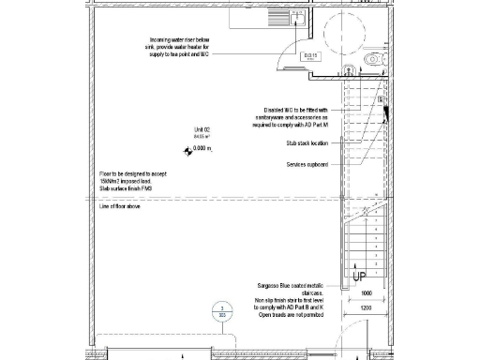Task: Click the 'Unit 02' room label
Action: (x=203, y=129)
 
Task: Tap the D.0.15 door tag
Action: (x=312, y=56)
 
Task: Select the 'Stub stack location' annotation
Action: (x=307, y=143)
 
